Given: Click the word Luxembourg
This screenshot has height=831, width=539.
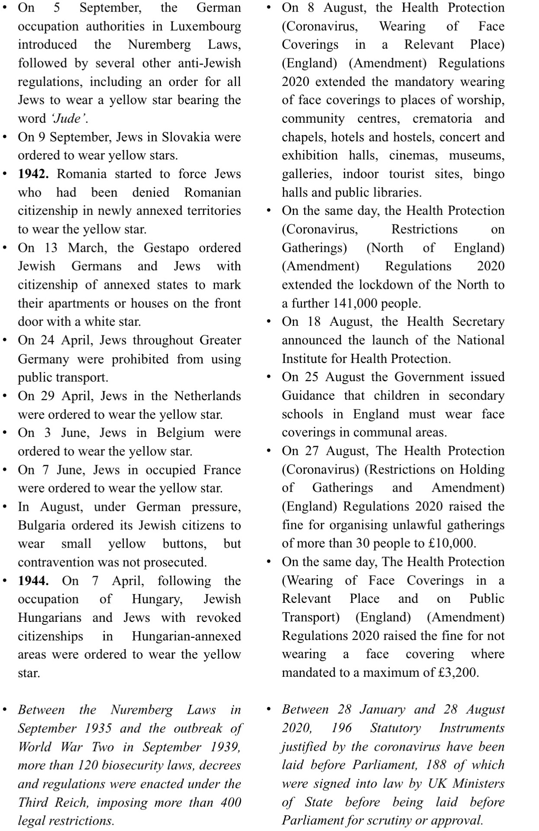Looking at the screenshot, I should click(x=205, y=26).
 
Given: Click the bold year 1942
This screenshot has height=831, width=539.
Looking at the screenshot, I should click(x=33, y=174).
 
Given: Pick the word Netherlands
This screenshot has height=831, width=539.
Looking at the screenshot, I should click(x=208, y=396).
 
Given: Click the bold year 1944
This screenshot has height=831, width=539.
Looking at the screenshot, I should click(x=33, y=581).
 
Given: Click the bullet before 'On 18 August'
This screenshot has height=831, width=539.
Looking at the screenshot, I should click(x=269, y=322).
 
